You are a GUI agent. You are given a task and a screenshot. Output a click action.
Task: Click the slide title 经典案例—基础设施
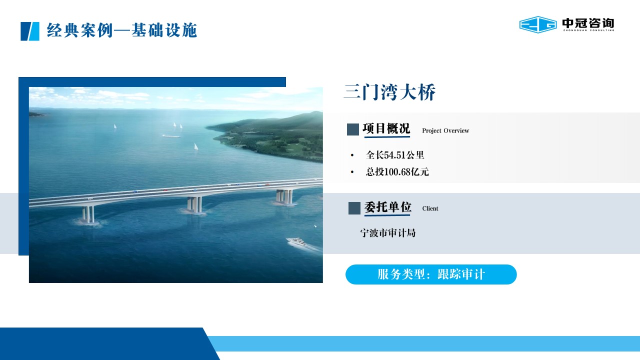pyautogui.click(x=121, y=30)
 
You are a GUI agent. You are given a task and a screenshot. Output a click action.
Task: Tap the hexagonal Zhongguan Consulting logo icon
pyautogui.click(x=537, y=24)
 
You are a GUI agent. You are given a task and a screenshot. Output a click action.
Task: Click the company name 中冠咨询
pyautogui.click(x=588, y=23)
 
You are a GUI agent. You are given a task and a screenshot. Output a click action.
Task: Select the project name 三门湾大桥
pyautogui.click(x=389, y=92)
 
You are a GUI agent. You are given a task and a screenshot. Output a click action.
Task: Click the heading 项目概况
pyautogui.click(x=386, y=128)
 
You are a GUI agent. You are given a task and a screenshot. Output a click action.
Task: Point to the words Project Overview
pyautogui.click(x=445, y=130)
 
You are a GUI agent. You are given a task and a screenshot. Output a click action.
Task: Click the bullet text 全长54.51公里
pyautogui.click(x=395, y=155)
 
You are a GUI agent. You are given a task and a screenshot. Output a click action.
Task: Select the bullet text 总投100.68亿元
pyautogui.click(x=397, y=171)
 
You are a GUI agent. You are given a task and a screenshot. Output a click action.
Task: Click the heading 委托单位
pyautogui.click(x=387, y=207)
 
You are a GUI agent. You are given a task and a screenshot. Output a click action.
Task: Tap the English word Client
pyautogui.click(x=430, y=208)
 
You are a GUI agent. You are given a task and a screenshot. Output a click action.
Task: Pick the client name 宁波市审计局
pyautogui.click(x=387, y=233)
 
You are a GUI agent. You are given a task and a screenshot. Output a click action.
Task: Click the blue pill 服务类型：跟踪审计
pyautogui.click(x=431, y=274)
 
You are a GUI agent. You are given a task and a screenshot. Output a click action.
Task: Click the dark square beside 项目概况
pyautogui.click(x=353, y=129)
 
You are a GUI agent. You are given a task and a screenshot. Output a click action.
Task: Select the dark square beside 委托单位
pyautogui.click(x=354, y=208)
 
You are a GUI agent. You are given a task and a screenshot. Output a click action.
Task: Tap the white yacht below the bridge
pyautogui.click(x=297, y=242)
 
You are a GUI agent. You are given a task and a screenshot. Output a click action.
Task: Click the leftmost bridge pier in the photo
pyautogui.click(x=88, y=215)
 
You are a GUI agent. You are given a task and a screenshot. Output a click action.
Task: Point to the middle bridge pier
pyautogui.click(x=194, y=204)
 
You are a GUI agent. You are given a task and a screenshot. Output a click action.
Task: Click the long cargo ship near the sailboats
pyautogui.click(x=171, y=136)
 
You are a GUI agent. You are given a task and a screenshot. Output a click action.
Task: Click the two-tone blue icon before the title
pyautogui.click(x=29, y=31)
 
